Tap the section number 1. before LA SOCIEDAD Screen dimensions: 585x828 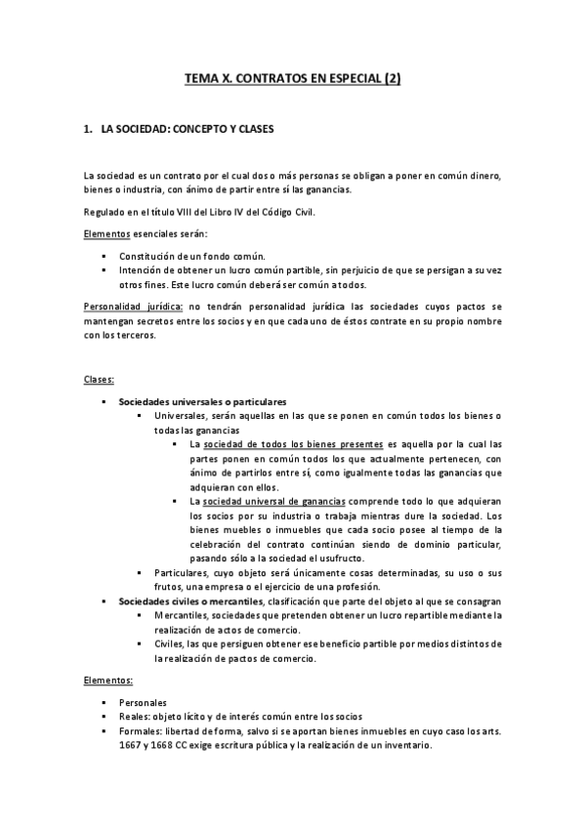click(89, 128)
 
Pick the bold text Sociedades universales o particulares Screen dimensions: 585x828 click(202, 401)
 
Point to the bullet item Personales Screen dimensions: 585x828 click(143, 702)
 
